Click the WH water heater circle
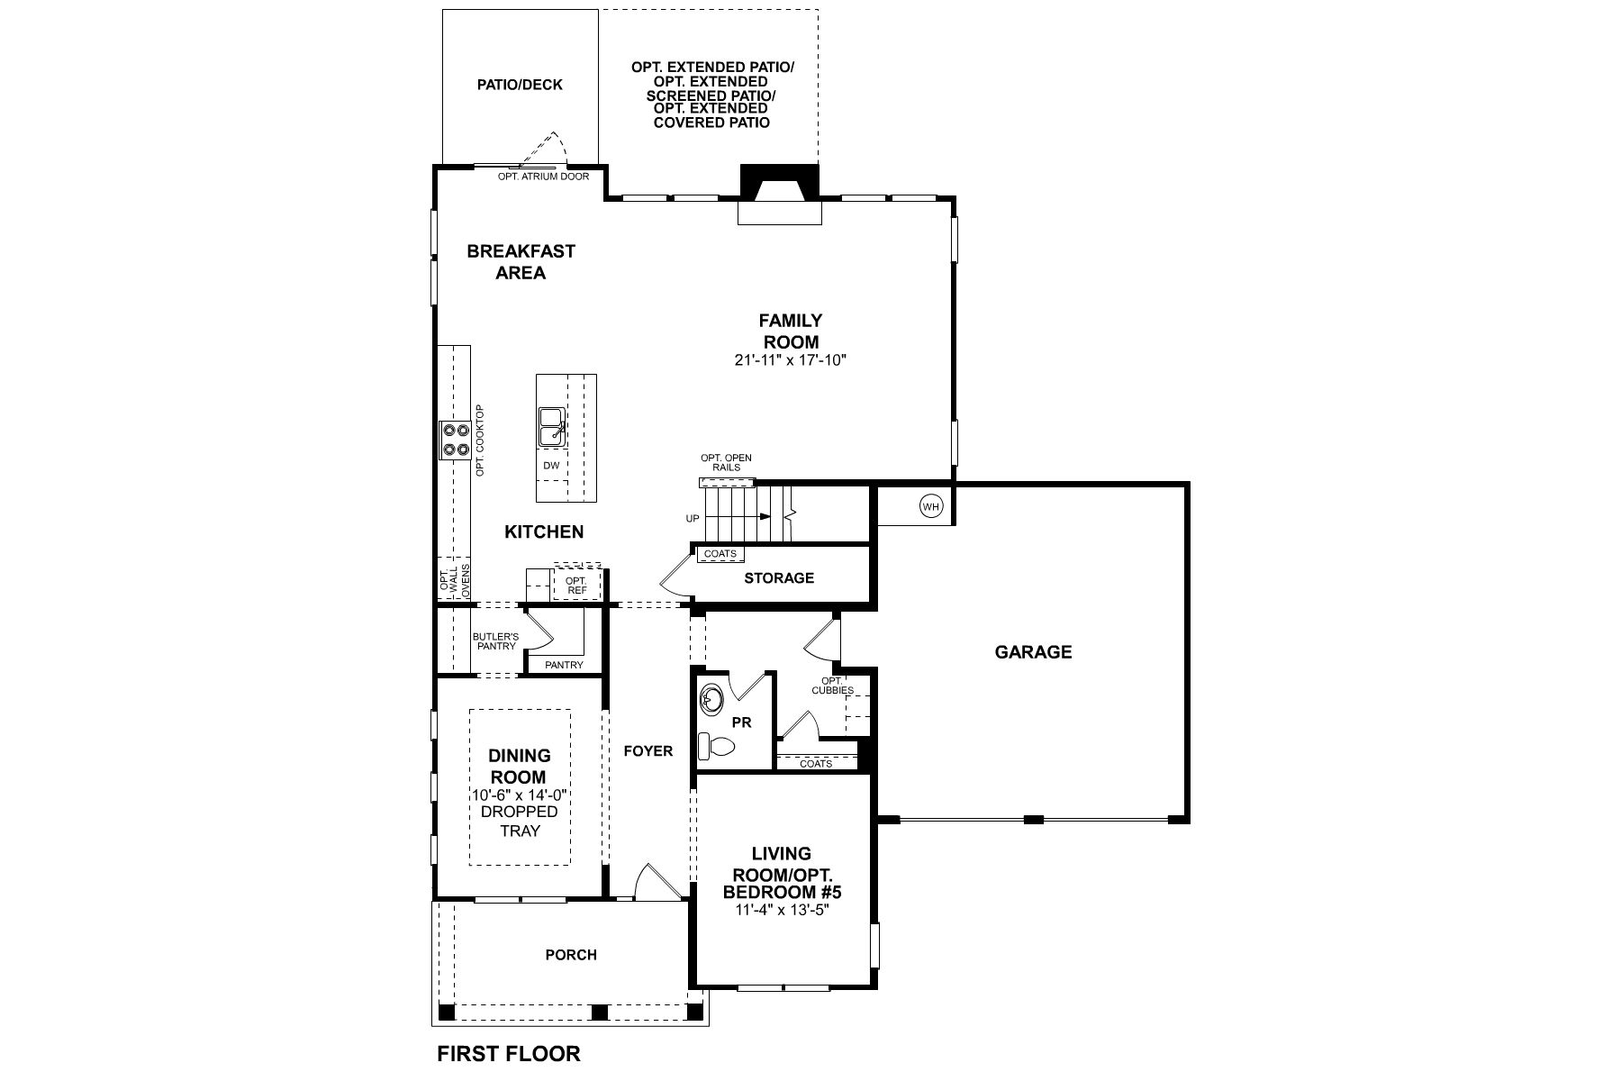pyautogui.click(x=931, y=507)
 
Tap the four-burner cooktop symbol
pyautogui.click(x=455, y=441)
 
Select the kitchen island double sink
pyautogui.click(x=551, y=426)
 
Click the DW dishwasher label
pyautogui.click(x=552, y=466)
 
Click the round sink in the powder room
pyautogui.click(x=711, y=699)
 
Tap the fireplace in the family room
pyautogui.click(x=780, y=195)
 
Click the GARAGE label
pyautogui.click(x=1033, y=651)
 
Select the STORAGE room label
pyautogui.click(x=779, y=577)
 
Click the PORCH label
pyautogui.click(x=571, y=955)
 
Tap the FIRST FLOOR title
pyautogui.click(x=509, y=1053)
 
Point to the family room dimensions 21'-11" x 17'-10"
pyautogui.click(x=792, y=360)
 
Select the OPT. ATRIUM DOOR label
pyautogui.click(x=543, y=177)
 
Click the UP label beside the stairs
pyautogui.click(x=693, y=519)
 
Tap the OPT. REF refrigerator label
pyautogui.click(x=576, y=586)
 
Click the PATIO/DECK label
pyautogui.click(x=520, y=85)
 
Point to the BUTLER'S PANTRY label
pyautogui.click(x=495, y=641)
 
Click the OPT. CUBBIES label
pyautogui.click(x=832, y=686)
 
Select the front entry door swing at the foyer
pyautogui.click(x=655, y=881)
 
